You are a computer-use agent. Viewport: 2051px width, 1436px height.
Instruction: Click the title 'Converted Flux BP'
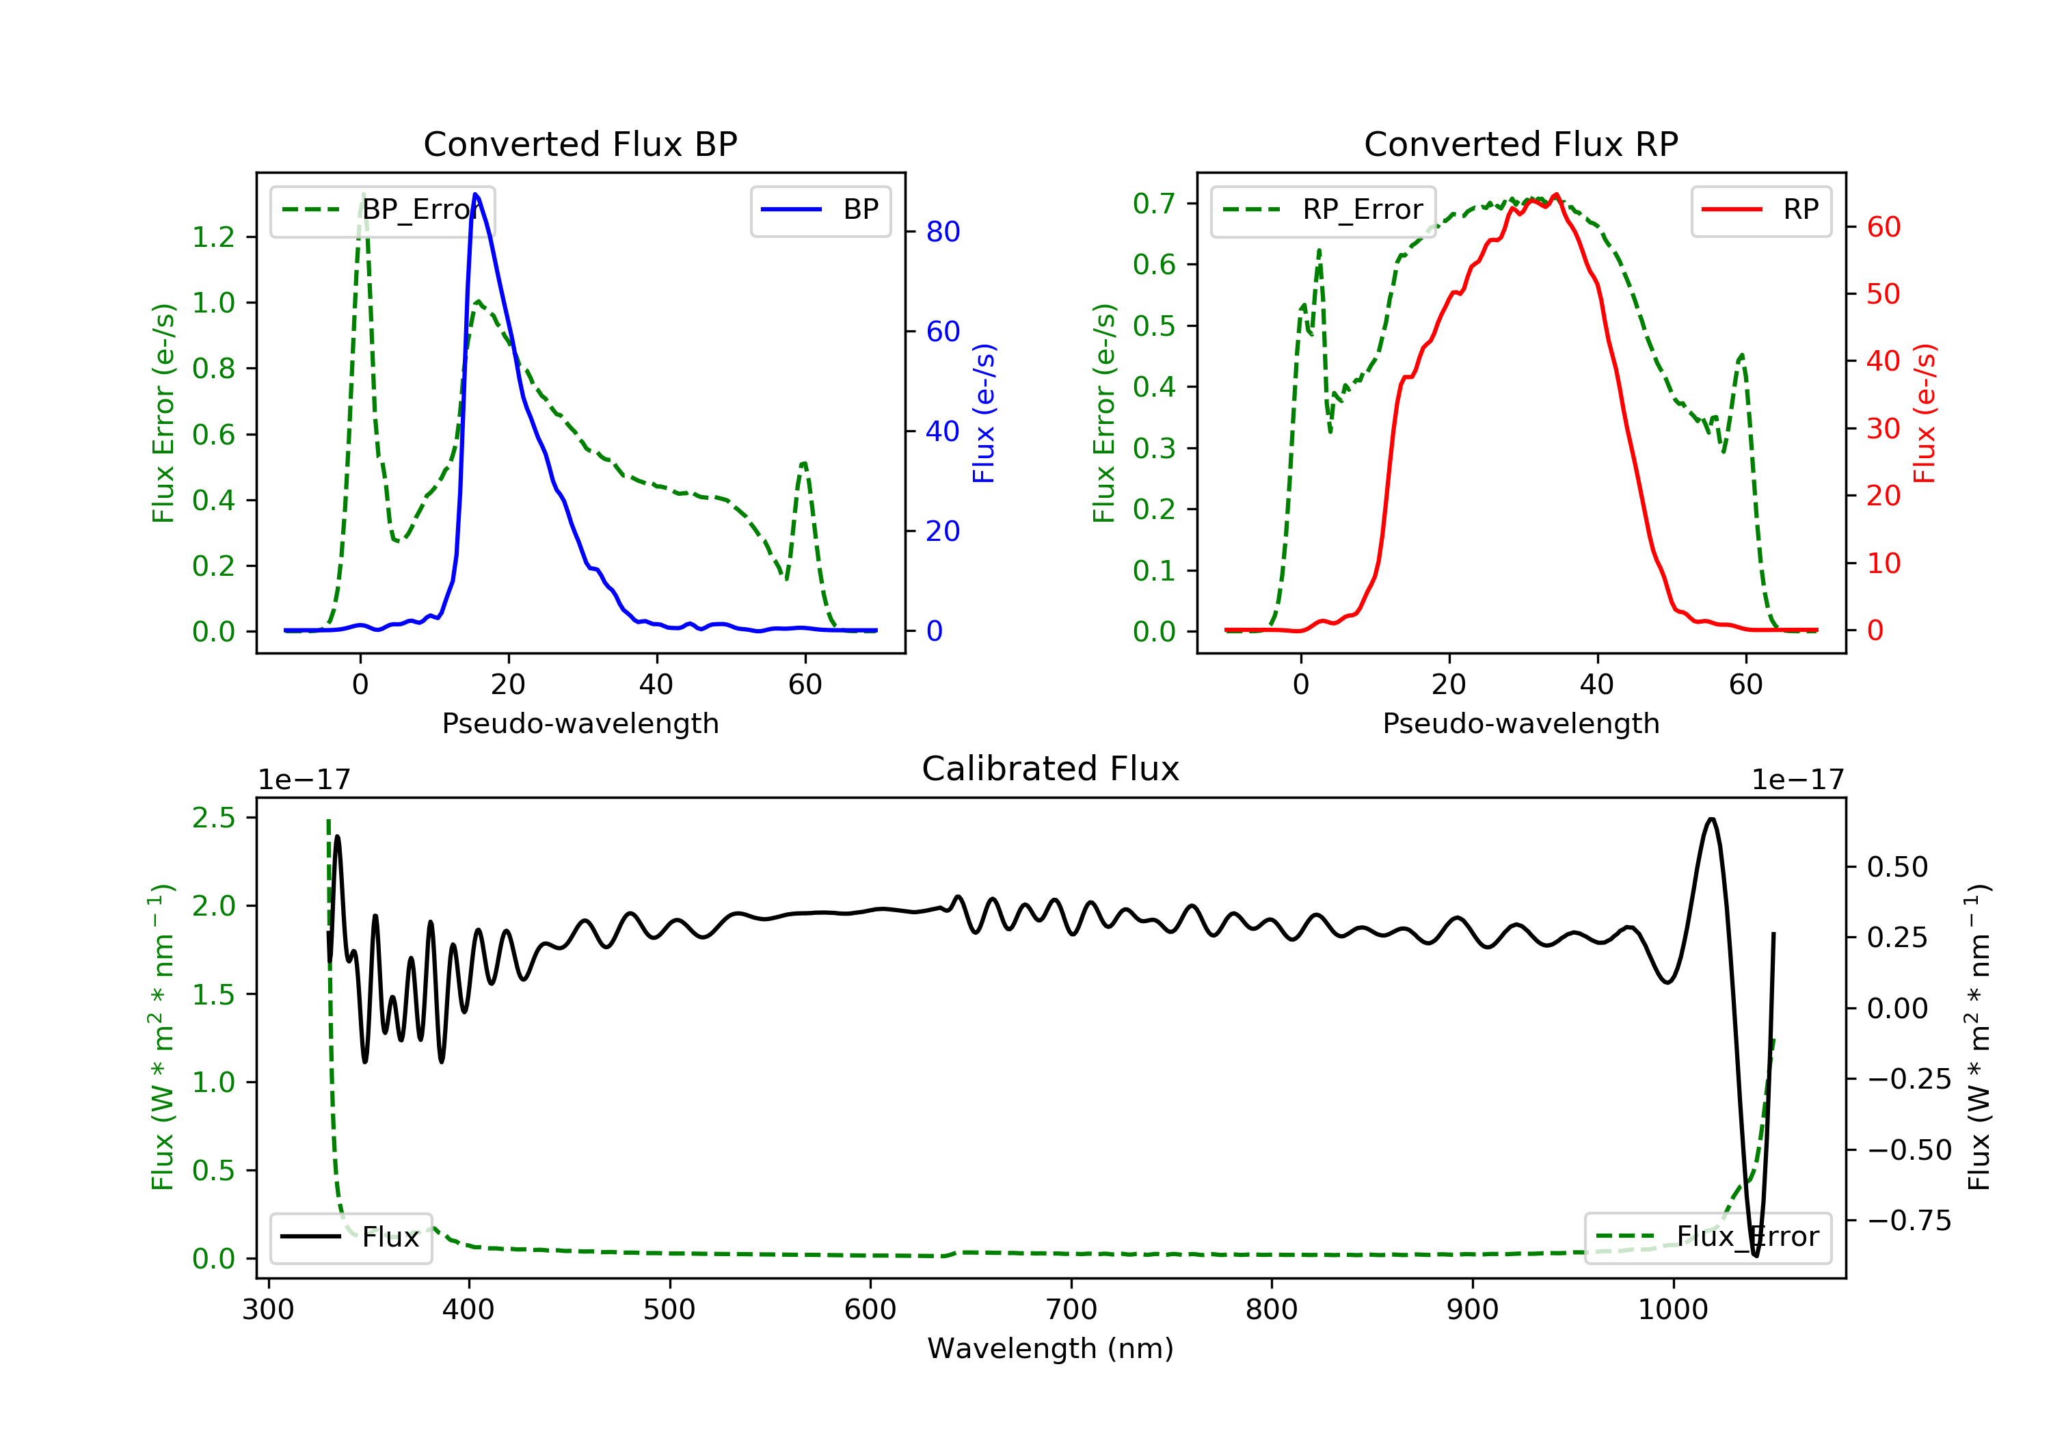click(580, 144)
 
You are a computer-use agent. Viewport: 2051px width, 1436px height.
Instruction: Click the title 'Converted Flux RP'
click(1520, 144)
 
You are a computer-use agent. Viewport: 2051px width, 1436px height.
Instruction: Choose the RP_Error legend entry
click(1323, 210)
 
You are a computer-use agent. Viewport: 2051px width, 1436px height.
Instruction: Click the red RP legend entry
click(1760, 210)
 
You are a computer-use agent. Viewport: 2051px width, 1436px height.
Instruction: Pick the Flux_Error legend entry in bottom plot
click(1707, 1237)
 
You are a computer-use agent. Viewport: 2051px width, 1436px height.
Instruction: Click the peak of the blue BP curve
click(475, 194)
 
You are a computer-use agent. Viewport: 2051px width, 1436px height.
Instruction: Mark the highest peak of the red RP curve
click(1556, 194)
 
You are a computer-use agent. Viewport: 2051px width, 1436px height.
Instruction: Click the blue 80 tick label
click(942, 232)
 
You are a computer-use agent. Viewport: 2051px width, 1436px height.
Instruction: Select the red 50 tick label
click(1883, 294)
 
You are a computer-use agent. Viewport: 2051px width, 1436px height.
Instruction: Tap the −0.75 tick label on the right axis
click(1909, 1221)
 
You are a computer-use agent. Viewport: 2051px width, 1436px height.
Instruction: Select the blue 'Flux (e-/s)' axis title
click(984, 413)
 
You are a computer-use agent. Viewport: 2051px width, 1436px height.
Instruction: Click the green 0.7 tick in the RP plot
click(1153, 204)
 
